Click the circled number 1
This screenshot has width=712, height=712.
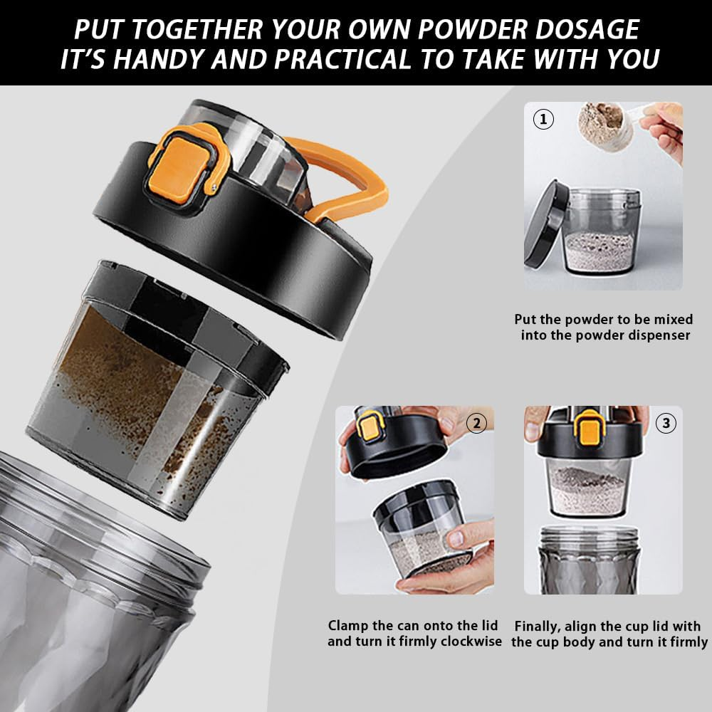pyautogui.click(x=543, y=119)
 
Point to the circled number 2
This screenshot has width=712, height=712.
pyautogui.click(x=476, y=424)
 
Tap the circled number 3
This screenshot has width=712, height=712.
pyautogui.click(x=666, y=424)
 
